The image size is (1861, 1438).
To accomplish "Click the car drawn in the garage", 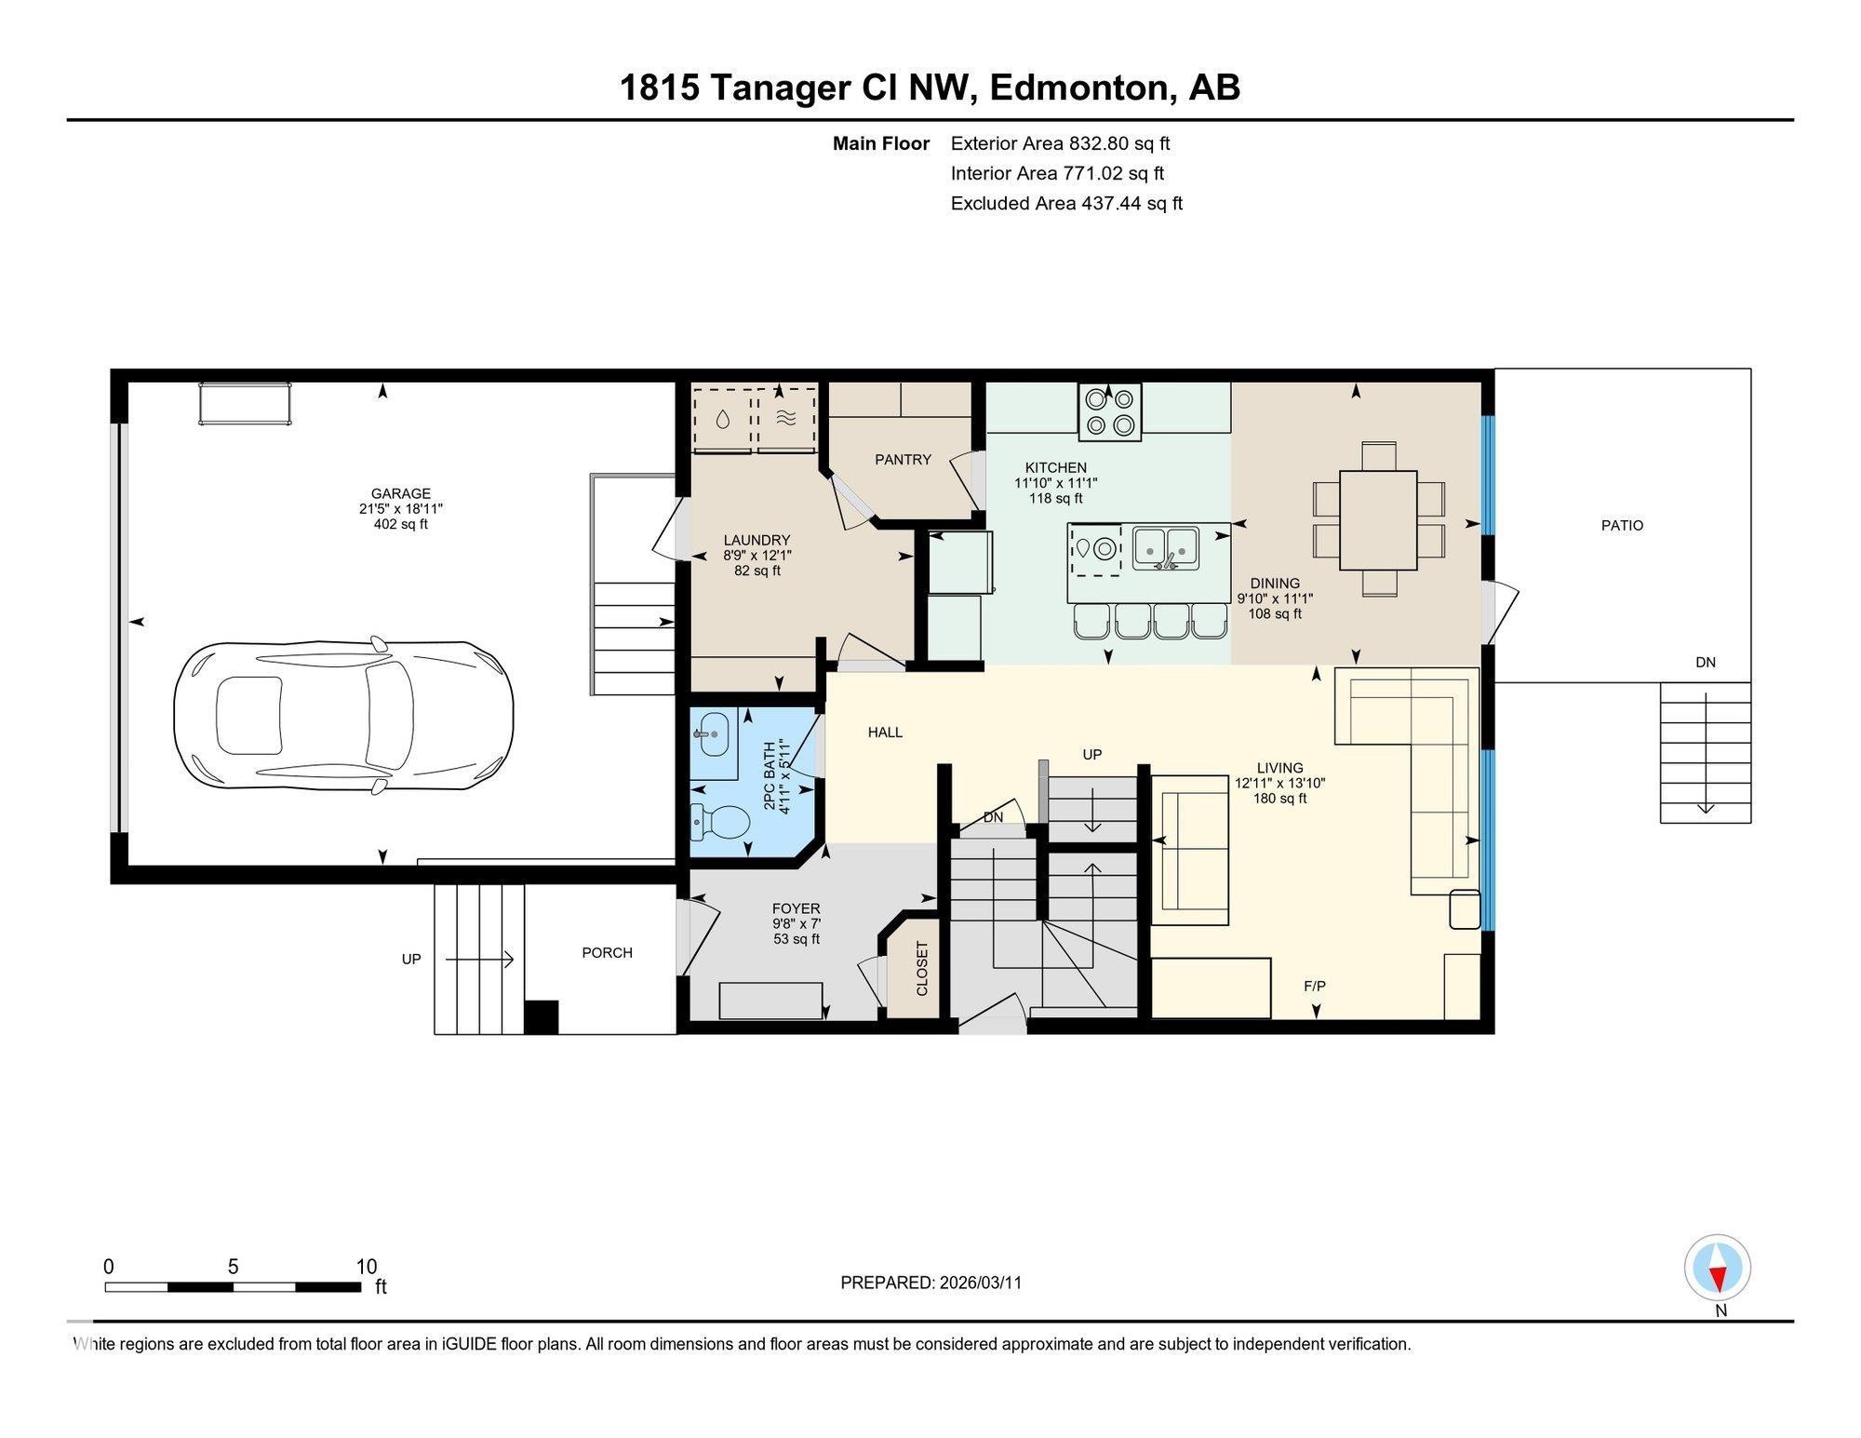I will (x=343, y=716).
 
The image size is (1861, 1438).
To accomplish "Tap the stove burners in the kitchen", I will (x=1110, y=411).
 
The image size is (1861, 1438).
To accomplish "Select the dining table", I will (x=1378, y=520).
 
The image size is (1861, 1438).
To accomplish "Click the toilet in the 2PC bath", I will (x=721, y=821).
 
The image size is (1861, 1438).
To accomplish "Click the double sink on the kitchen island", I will (x=1166, y=548).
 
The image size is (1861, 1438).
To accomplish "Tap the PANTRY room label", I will (x=903, y=459).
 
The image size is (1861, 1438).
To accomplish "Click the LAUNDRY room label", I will (x=756, y=540).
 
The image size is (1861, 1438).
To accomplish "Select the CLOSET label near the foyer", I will (x=922, y=969).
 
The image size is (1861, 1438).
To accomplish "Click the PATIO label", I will (x=1622, y=525).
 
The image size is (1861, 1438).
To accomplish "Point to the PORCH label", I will (x=607, y=952).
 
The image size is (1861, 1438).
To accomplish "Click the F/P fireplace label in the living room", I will (x=1314, y=986).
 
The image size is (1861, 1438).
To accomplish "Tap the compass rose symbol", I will (x=1718, y=1268).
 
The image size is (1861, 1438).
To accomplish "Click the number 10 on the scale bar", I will (x=367, y=1267).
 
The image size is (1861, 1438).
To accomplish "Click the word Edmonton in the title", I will (x=1078, y=87).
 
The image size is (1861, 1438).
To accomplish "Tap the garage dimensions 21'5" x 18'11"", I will (x=401, y=509).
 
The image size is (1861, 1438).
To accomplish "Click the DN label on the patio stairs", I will (x=1705, y=663).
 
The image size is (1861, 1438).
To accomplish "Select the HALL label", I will (x=885, y=732).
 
